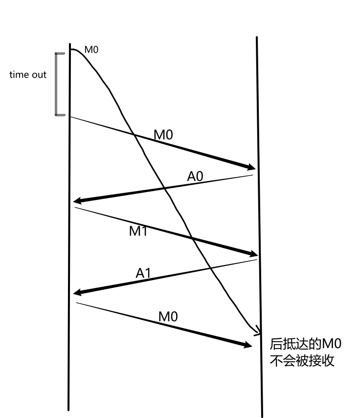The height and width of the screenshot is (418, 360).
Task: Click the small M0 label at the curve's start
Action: pyautogui.click(x=91, y=49)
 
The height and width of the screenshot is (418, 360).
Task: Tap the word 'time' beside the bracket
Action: pyautogui.click(x=19, y=75)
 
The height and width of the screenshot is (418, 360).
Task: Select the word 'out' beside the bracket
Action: pyautogui.click(x=39, y=75)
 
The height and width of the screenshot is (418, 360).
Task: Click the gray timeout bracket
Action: pyautogui.click(x=56, y=84)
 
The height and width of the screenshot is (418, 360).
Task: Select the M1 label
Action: pyautogui.click(x=138, y=231)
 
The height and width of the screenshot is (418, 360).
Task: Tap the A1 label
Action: pyautogui.click(x=143, y=274)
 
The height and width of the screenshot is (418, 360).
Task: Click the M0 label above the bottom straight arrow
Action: pyautogui.click(x=168, y=316)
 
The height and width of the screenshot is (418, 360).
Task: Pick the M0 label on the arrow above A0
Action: pyautogui.click(x=163, y=134)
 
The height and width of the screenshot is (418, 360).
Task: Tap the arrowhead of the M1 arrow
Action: pyautogui.click(x=254, y=254)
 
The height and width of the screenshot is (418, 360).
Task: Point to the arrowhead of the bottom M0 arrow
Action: pyautogui.click(x=248, y=346)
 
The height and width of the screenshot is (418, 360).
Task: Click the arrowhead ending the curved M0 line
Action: pyautogui.click(x=257, y=331)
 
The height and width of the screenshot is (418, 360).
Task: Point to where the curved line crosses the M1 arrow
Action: pyautogui.click(x=191, y=239)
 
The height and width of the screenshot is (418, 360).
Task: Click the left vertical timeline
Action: pyautogui.click(x=70, y=244)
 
